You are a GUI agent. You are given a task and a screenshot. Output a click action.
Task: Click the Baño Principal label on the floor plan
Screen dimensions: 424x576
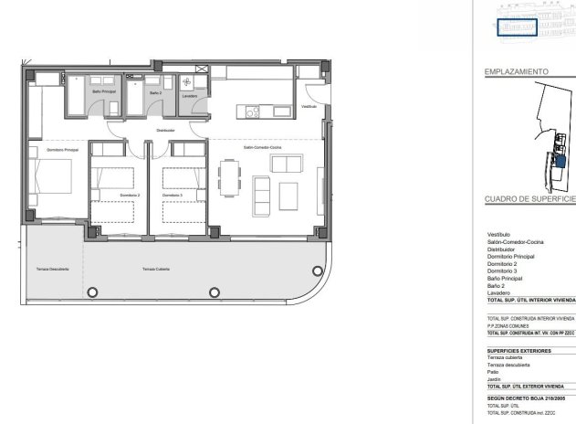point(103,91)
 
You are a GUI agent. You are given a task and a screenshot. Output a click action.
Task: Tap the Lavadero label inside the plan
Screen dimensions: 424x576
point(190,95)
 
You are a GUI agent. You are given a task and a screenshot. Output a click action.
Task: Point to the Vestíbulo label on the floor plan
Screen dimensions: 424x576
point(309,106)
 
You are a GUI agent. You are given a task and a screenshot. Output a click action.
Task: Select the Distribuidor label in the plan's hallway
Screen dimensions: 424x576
point(165,131)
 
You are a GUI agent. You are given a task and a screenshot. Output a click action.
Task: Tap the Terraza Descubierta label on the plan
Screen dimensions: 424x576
point(53,270)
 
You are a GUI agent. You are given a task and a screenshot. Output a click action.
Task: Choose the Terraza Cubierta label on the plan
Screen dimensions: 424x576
point(156,270)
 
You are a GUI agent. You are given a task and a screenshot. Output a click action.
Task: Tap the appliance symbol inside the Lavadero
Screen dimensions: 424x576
point(187,81)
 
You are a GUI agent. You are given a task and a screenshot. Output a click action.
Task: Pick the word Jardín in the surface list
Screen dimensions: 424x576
point(494,379)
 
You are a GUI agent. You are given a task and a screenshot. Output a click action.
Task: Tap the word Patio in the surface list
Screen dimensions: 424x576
point(493,372)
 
